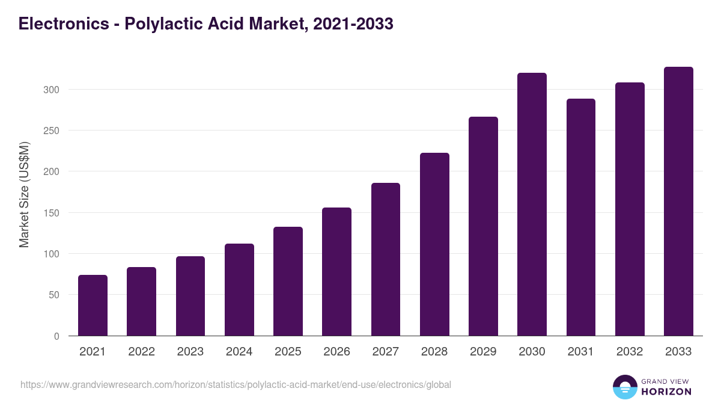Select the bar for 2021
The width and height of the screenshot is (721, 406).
click(x=93, y=306)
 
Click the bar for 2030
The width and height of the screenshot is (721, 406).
click(x=532, y=205)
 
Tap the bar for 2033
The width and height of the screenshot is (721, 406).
click(x=678, y=201)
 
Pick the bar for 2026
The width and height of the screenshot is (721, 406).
click(x=336, y=272)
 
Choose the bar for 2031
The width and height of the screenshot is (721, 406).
click(x=580, y=217)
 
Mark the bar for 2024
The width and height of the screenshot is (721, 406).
click(x=239, y=290)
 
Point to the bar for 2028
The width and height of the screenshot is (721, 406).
click(x=434, y=244)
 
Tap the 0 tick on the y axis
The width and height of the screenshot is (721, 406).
click(x=56, y=336)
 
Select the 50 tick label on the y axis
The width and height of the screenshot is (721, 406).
click(x=54, y=295)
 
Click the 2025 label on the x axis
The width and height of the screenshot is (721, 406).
click(x=288, y=352)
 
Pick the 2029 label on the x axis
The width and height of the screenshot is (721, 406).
click(x=483, y=352)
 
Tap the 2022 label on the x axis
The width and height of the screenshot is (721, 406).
click(x=141, y=352)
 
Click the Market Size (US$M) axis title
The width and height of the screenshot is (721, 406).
click(x=24, y=194)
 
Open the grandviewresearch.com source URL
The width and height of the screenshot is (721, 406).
click(x=236, y=384)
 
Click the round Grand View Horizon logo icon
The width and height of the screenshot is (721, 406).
click(x=625, y=387)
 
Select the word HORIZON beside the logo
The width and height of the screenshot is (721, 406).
click(x=666, y=392)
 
